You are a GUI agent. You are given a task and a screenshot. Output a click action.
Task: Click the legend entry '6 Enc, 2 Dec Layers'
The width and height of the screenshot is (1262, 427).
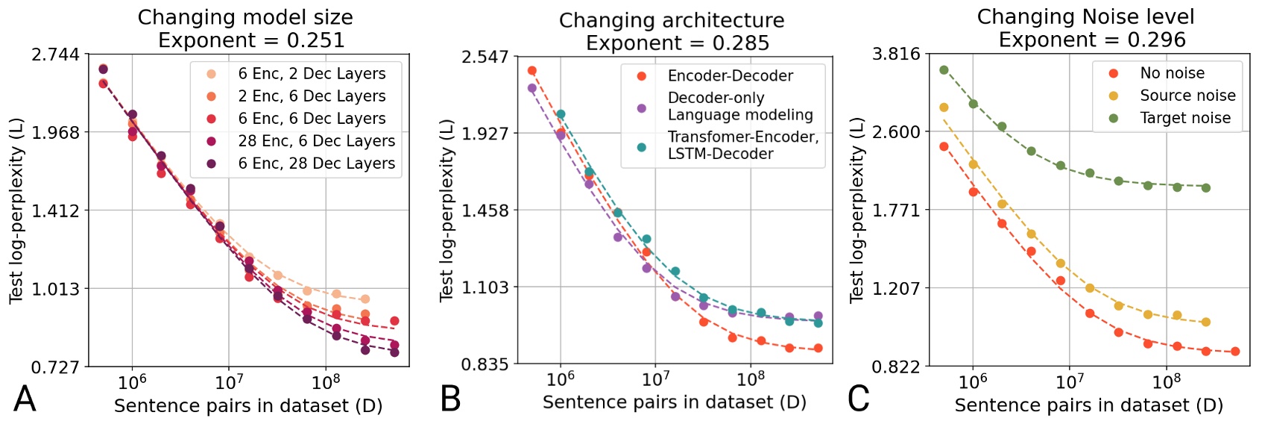(312, 74)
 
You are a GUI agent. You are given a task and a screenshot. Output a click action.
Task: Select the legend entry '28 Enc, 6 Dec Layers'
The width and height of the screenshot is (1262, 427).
(316, 141)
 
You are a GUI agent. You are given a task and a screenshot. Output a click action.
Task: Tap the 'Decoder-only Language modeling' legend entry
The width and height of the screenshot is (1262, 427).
(739, 107)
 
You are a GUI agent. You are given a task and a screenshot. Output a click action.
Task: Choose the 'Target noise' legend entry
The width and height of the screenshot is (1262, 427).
(1184, 118)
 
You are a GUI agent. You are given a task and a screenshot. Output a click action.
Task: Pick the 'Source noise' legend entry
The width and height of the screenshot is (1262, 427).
(1187, 96)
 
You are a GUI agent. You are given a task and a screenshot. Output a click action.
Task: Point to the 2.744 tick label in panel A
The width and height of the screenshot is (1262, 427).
(55, 54)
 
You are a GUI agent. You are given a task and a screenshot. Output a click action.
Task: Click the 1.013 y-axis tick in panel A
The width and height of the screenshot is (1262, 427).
(55, 289)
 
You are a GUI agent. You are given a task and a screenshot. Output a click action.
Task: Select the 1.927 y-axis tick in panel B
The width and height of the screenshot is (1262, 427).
(485, 134)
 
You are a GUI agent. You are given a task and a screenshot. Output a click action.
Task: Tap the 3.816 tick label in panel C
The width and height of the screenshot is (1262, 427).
(896, 54)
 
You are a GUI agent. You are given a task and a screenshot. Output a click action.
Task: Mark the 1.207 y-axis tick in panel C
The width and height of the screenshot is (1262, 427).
(896, 288)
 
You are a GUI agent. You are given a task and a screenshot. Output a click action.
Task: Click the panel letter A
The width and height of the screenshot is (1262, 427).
(25, 399)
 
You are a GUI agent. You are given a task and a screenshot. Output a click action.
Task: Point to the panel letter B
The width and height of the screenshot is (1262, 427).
(450, 399)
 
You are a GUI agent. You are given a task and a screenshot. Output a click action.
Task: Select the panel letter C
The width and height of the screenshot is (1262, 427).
(859, 399)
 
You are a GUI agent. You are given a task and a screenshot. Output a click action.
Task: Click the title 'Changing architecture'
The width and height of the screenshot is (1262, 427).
(672, 20)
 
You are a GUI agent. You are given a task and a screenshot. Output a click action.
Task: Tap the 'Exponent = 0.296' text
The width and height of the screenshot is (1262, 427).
(1092, 40)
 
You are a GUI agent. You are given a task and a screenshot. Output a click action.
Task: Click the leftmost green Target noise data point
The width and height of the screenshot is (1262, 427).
(944, 70)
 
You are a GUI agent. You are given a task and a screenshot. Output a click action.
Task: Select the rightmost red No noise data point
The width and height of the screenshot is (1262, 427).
(1235, 352)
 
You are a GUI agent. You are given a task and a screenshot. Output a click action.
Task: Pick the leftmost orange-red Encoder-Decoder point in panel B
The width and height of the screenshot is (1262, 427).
(532, 71)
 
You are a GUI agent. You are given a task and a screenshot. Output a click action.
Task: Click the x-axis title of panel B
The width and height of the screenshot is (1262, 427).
(674, 402)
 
